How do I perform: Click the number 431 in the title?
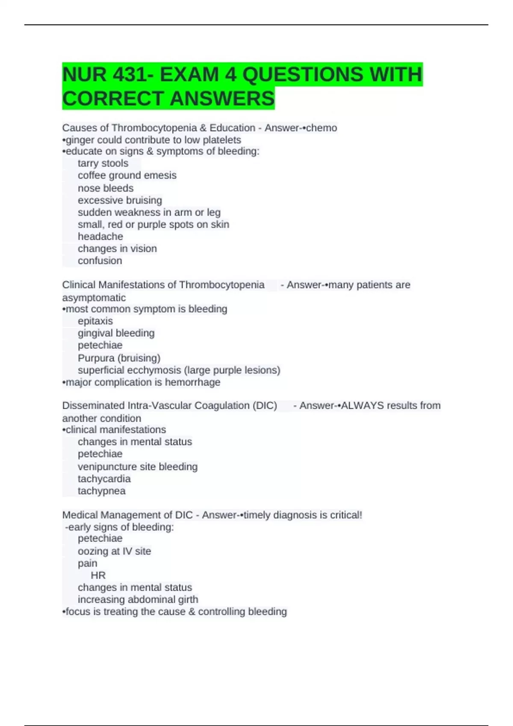pos(129,75)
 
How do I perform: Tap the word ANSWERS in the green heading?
pos(222,99)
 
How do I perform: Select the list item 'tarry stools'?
pos(103,164)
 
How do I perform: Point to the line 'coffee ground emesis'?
pos(127,176)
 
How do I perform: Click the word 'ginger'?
pos(80,140)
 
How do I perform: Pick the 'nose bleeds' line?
pos(106,188)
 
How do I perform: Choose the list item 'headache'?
pos(100,237)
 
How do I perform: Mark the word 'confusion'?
pos(100,261)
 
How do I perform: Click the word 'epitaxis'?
pos(95,321)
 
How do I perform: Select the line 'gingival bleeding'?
pos(116,333)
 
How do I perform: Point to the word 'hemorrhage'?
pos(193,382)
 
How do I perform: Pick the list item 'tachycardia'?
pos(104,479)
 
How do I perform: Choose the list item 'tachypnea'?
pos(102,491)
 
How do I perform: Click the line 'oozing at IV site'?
pos(115,551)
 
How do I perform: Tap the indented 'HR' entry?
pos(98,576)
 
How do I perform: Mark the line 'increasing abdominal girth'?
pos(138,600)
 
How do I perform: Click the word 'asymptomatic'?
pos(94,298)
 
